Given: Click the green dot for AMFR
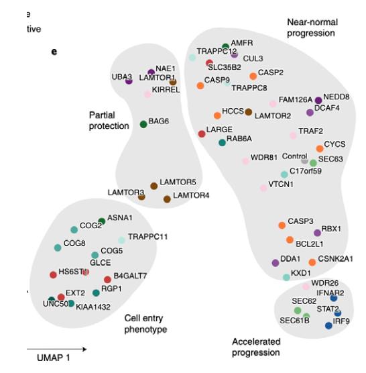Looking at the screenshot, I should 225,46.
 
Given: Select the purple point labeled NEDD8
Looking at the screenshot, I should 318,100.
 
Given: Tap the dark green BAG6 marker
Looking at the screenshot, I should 143,124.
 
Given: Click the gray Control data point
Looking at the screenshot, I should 305,160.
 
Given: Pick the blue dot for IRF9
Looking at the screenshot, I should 328,325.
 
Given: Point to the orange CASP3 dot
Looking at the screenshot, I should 282,225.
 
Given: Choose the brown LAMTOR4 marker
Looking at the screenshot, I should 167,199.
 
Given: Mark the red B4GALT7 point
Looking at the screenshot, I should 107,279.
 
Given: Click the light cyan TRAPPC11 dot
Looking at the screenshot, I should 121,239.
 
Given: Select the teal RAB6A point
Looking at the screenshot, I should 222,142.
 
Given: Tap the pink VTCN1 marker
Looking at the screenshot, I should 263,188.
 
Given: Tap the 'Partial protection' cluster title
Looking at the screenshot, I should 109,121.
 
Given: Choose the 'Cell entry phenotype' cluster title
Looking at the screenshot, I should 145,323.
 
